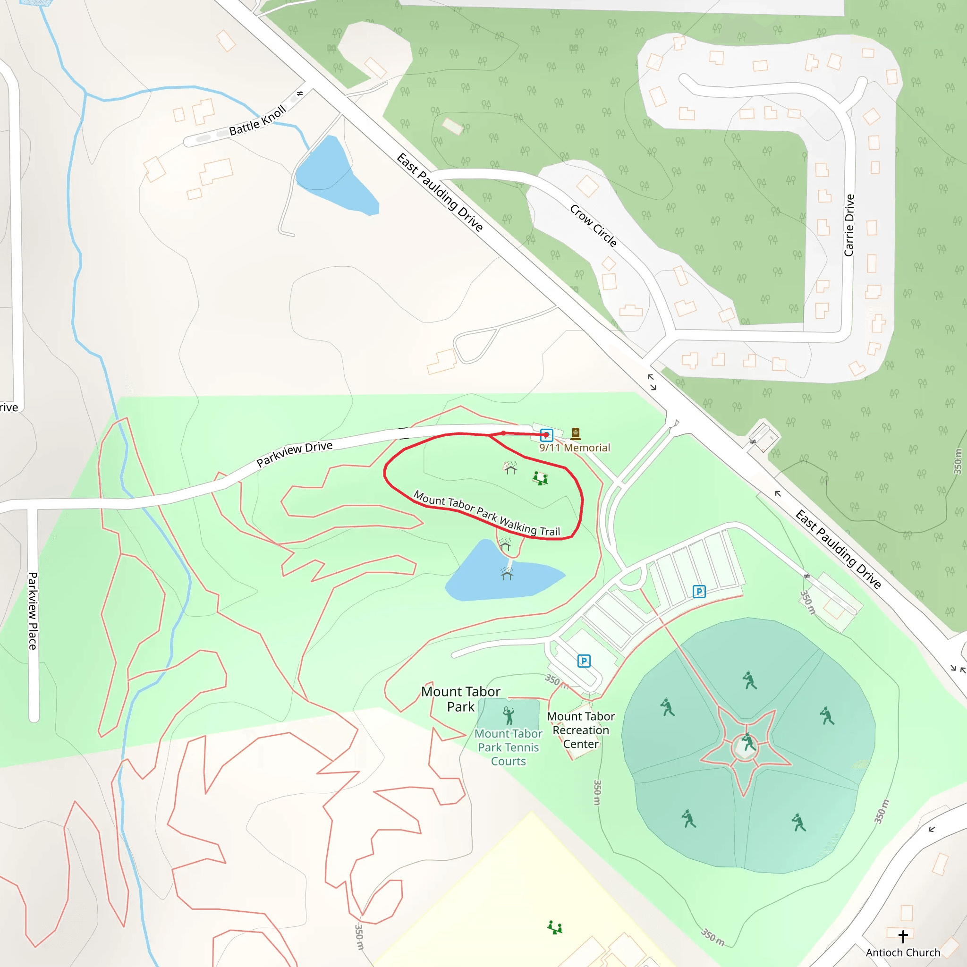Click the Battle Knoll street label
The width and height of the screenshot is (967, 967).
257,120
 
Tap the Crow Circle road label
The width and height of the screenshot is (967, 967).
593,225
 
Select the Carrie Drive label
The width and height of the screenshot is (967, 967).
849,225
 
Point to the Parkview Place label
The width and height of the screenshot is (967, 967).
33,611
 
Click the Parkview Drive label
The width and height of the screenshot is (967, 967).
294,453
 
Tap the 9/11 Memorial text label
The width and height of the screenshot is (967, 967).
575,448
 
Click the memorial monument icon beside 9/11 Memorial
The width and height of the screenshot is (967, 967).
576,433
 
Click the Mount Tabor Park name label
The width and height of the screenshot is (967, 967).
460,699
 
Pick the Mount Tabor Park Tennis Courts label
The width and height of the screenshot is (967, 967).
509,747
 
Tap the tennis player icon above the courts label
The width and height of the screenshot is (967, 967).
509,716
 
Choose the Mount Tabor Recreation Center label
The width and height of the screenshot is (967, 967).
581,730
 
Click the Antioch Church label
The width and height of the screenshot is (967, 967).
903,952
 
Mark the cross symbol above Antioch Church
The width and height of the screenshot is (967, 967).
903,936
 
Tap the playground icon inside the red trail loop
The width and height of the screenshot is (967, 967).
540,478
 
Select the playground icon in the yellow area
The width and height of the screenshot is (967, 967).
555,927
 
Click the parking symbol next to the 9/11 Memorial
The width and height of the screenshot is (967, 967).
547,434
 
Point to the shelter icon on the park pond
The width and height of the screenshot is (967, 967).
507,575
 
